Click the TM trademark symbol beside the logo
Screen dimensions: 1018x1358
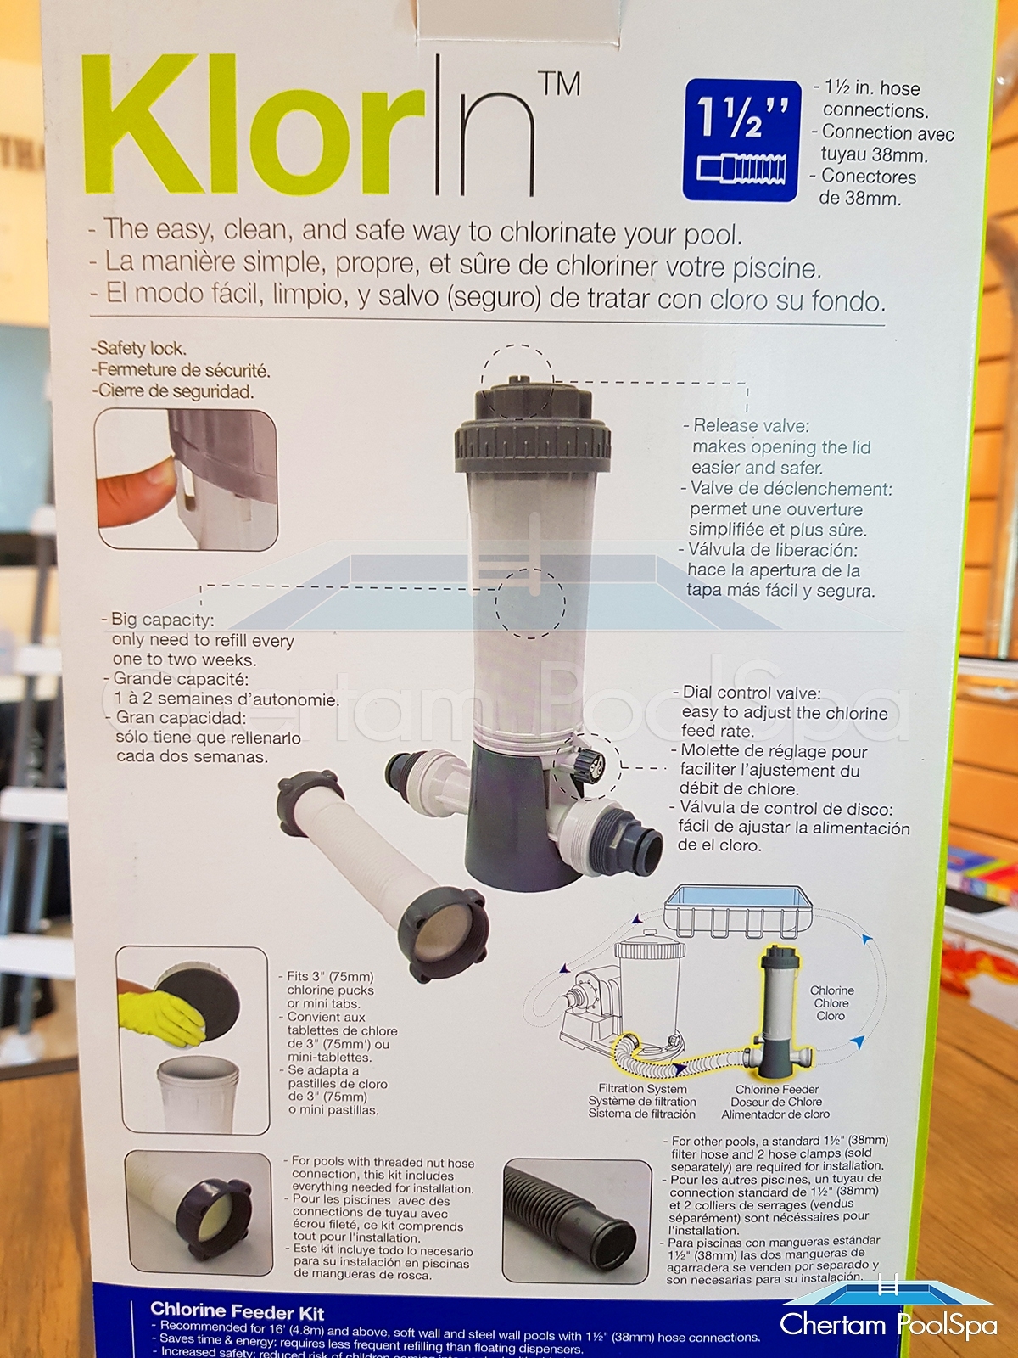coord(562,85)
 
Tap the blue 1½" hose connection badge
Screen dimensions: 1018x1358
coord(741,140)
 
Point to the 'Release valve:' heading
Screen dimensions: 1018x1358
coord(746,426)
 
